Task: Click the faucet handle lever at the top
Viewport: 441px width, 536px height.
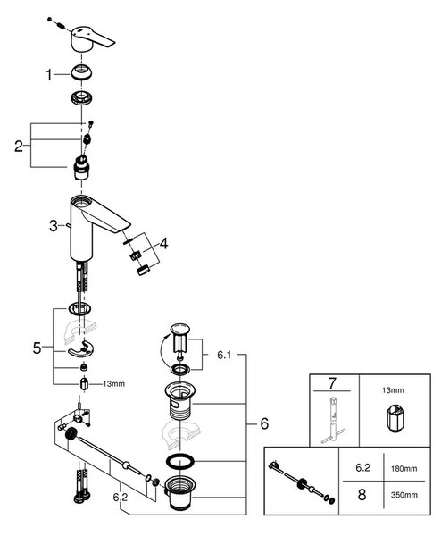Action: (x=89, y=38)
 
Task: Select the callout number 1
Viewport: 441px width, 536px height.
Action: (x=49, y=75)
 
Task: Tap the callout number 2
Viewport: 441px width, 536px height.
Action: (x=19, y=146)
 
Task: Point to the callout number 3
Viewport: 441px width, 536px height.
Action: (x=54, y=226)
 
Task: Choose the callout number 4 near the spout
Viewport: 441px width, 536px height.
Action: (x=164, y=244)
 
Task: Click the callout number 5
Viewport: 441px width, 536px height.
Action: (x=37, y=348)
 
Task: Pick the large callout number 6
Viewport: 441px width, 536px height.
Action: (x=264, y=423)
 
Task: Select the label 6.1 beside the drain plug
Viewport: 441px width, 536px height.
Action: (x=224, y=355)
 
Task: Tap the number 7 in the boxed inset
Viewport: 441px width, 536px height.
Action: (x=332, y=383)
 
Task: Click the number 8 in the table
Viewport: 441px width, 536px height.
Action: (x=362, y=495)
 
